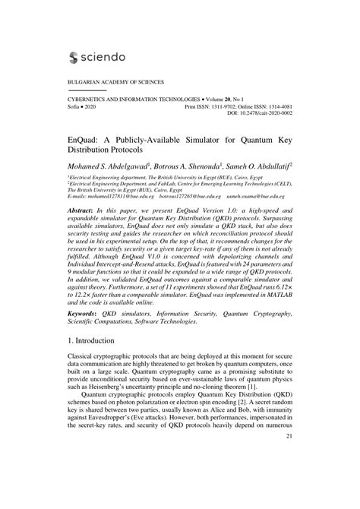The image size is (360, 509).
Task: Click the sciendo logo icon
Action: click(74, 56)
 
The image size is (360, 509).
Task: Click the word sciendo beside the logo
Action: click(103, 56)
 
